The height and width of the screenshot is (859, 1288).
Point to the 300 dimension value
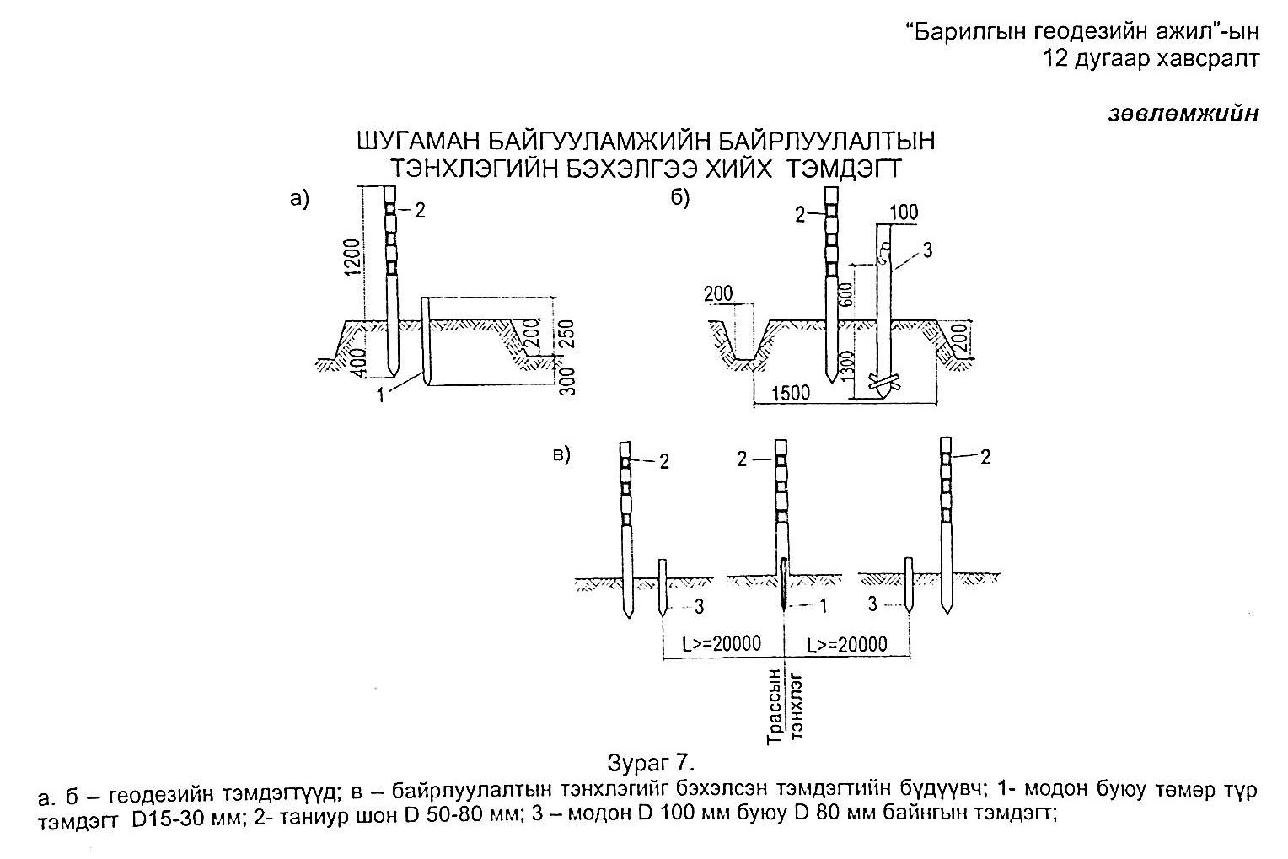point(567,381)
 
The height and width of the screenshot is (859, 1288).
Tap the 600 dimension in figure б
point(845,294)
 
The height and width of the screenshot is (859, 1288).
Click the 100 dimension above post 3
point(904,212)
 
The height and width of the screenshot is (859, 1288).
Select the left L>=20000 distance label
point(722,643)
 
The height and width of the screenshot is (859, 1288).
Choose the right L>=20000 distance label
point(847,645)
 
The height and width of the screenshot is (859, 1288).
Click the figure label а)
point(299,199)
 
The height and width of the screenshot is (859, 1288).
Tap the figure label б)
point(680,198)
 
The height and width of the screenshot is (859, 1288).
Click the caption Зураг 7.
point(652,763)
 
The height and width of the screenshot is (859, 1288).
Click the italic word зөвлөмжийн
point(1183,113)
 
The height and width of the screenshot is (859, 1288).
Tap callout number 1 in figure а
point(380,395)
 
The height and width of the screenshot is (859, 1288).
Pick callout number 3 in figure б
point(927,250)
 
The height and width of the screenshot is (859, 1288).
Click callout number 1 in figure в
point(823,605)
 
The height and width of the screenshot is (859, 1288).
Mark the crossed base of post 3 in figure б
point(883,383)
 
